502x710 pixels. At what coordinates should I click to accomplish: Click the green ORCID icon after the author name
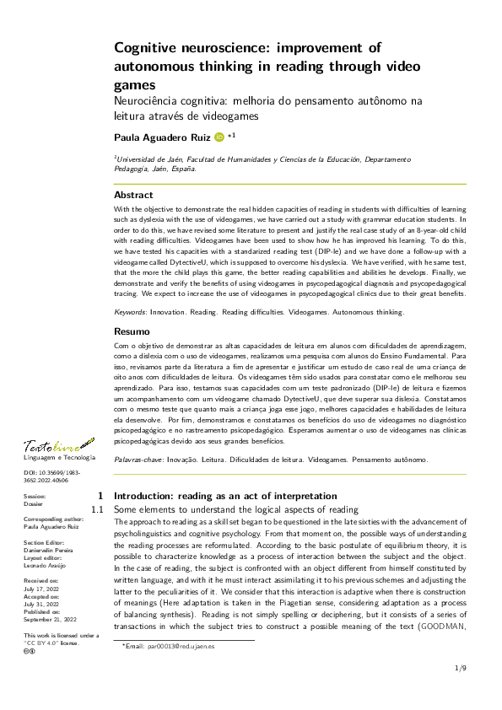coord(220,136)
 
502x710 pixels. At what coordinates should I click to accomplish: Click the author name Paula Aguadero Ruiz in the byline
coord(162,136)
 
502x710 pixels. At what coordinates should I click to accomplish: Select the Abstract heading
coord(133,195)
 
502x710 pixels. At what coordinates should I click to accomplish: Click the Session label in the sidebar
coord(35,497)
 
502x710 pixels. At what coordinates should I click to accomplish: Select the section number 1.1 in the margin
coord(97,510)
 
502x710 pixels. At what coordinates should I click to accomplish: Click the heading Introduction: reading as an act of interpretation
coord(224,496)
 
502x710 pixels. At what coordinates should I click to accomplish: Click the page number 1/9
coord(461,669)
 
